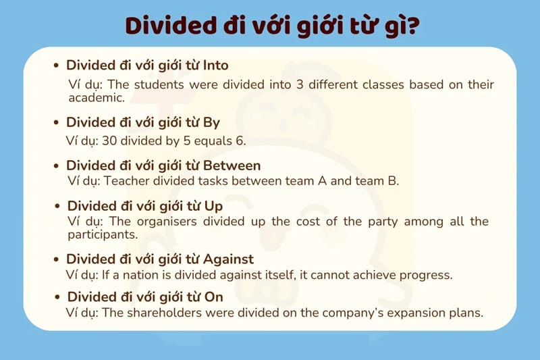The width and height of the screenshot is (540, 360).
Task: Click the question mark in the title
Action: tap(408, 25)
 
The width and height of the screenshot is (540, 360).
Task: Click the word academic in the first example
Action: tap(96, 98)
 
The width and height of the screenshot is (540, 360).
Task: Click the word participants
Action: tap(102, 235)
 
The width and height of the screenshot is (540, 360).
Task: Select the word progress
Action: tap(427, 275)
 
